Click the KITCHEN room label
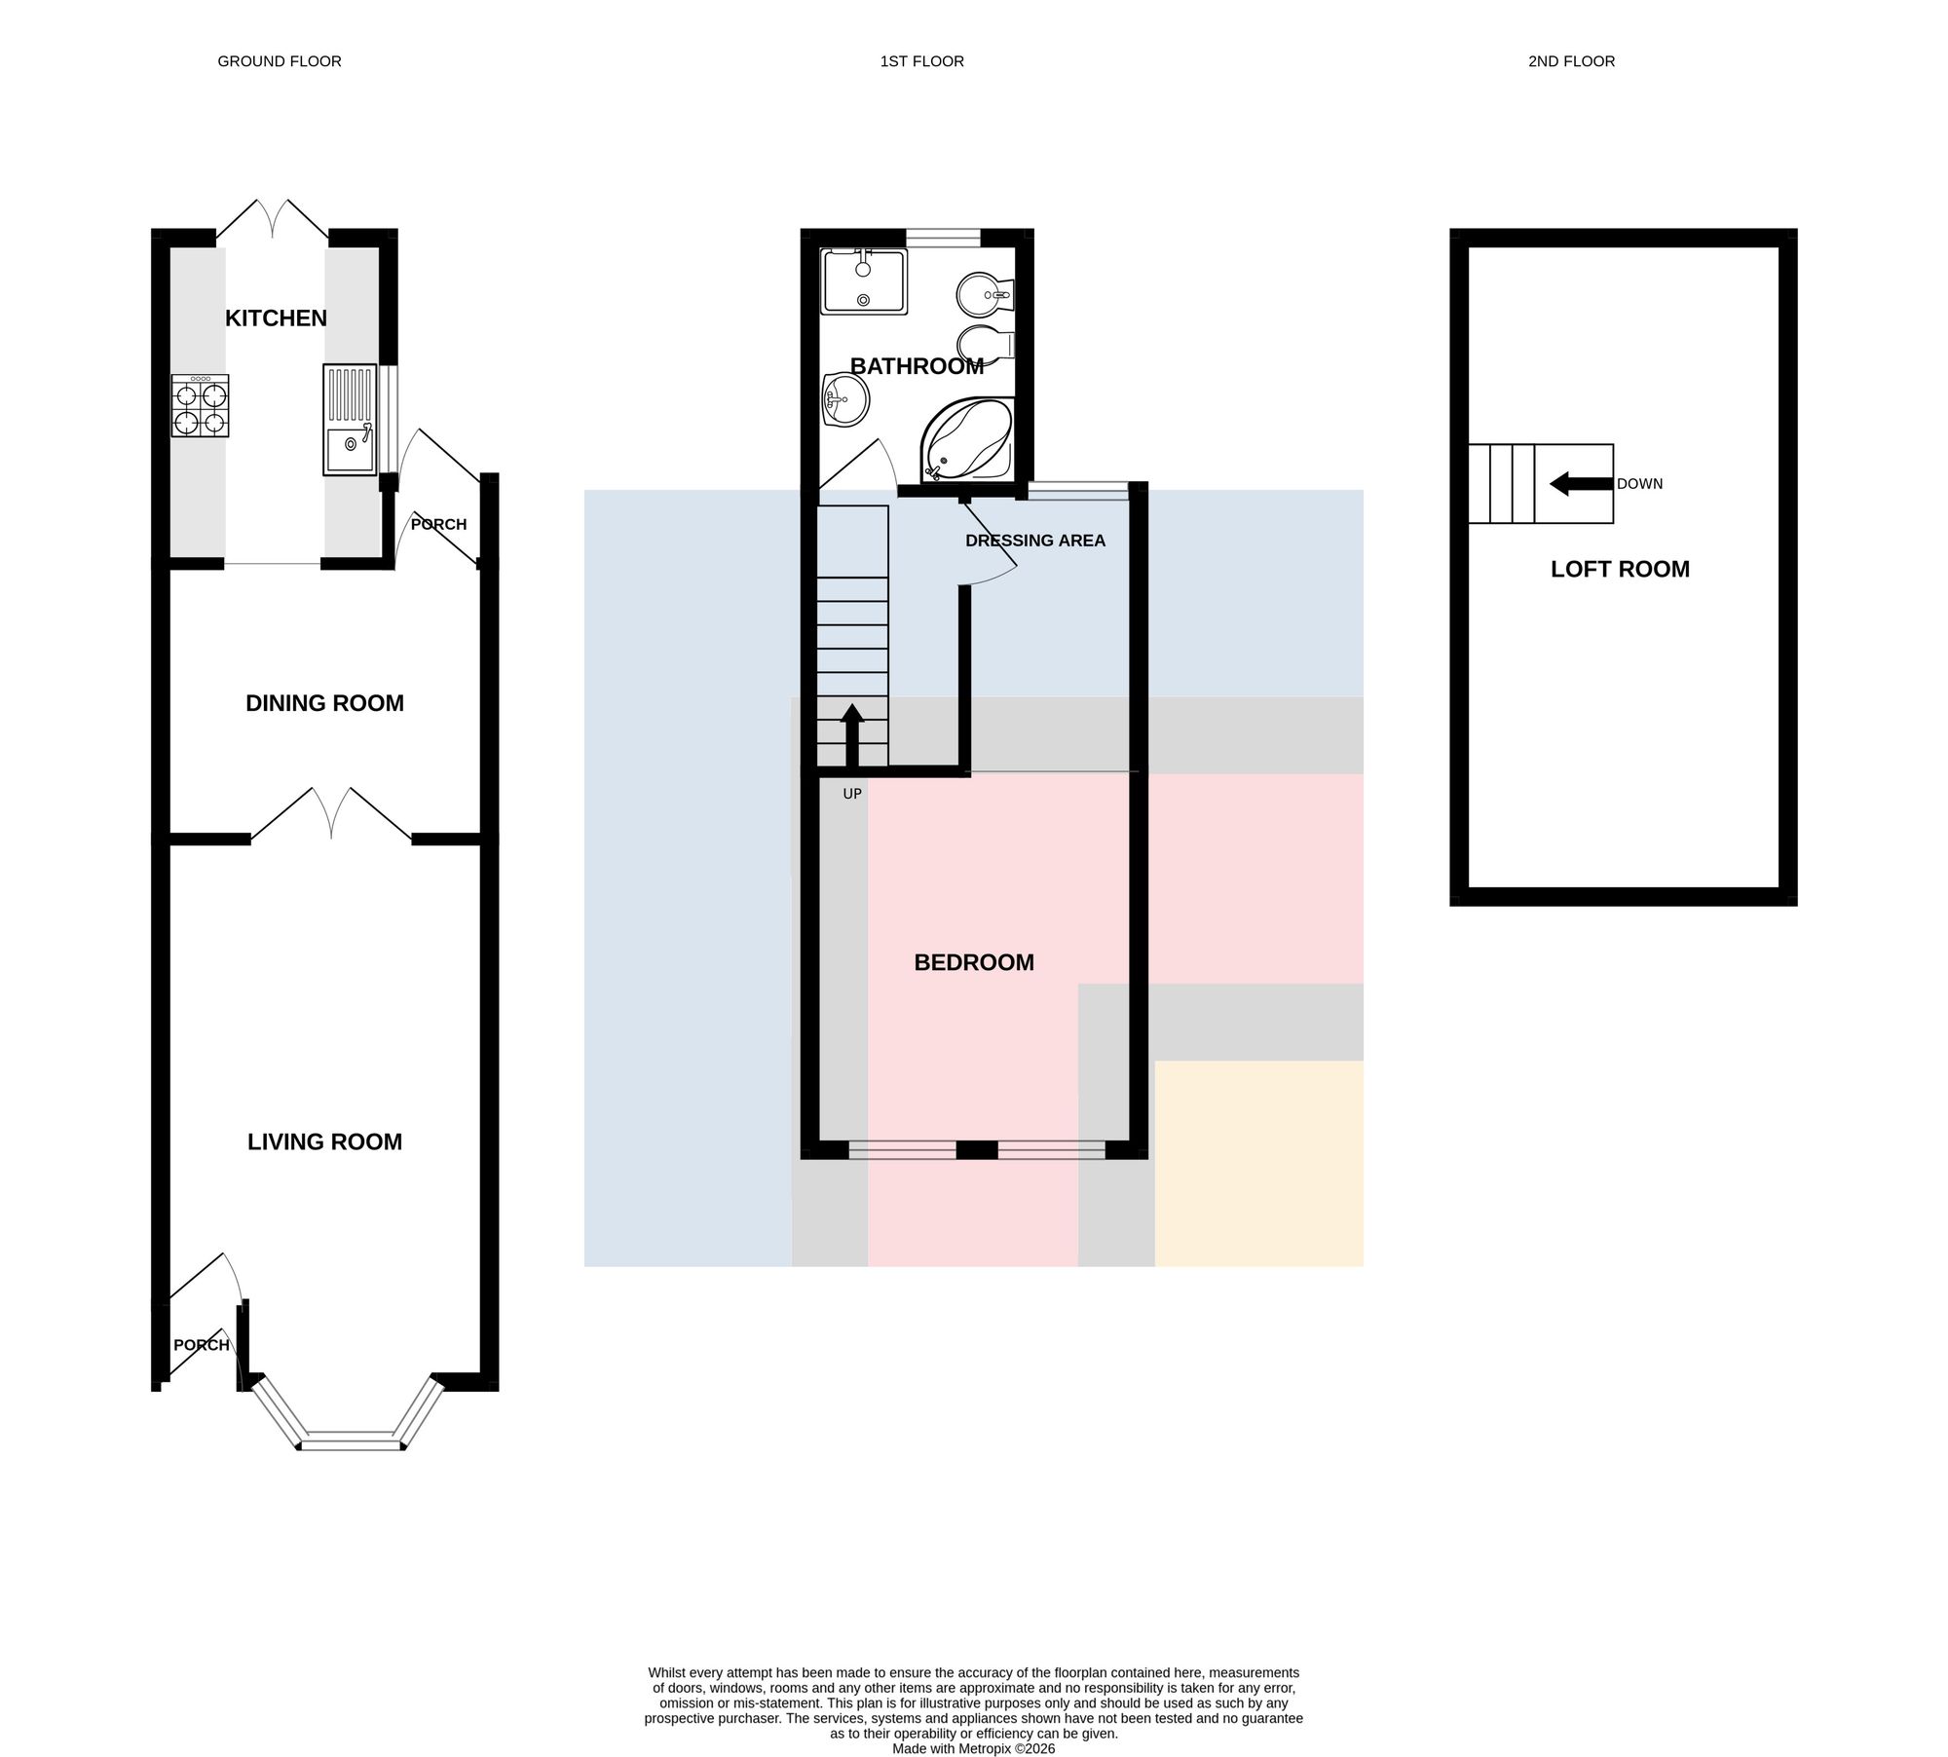276,318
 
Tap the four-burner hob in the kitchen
200,405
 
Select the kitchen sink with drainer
350,420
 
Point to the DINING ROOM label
324,703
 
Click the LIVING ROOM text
324,1141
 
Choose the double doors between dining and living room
331,813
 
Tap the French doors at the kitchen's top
272,220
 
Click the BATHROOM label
917,366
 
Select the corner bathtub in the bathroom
967,439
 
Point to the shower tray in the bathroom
864,280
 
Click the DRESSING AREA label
1035,541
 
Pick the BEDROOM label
974,962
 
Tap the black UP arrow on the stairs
852,736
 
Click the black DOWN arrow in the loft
1581,483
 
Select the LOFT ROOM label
1620,569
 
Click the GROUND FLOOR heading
280,61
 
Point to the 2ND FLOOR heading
1571,61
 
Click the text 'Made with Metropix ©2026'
974,1748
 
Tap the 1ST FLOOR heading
921,61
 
